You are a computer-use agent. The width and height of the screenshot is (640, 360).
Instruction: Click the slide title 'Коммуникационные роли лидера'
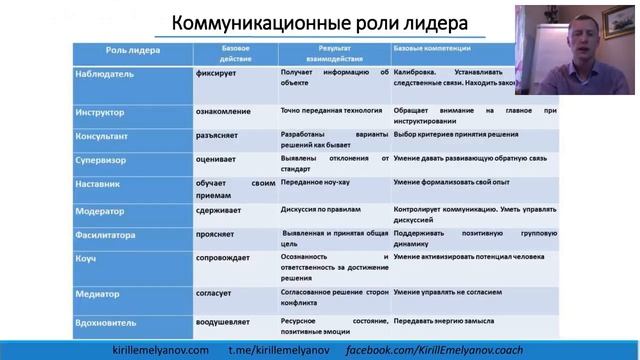(x=305, y=22)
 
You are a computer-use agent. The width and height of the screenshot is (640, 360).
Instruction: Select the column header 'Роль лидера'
(x=131, y=50)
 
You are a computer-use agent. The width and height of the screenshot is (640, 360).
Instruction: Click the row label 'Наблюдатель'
(x=104, y=74)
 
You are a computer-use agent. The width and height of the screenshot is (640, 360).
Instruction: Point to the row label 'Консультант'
(x=104, y=136)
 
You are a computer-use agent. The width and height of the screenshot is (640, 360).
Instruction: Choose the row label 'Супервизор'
(x=101, y=160)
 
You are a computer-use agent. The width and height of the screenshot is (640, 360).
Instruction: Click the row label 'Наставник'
(x=99, y=184)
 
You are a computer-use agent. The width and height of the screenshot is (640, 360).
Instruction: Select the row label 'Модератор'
(x=99, y=212)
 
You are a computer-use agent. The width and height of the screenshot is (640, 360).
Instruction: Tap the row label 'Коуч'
(x=86, y=258)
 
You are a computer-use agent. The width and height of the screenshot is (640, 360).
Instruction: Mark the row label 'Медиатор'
(x=97, y=295)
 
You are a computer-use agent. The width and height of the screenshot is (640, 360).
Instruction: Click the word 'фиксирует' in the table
(x=218, y=74)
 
